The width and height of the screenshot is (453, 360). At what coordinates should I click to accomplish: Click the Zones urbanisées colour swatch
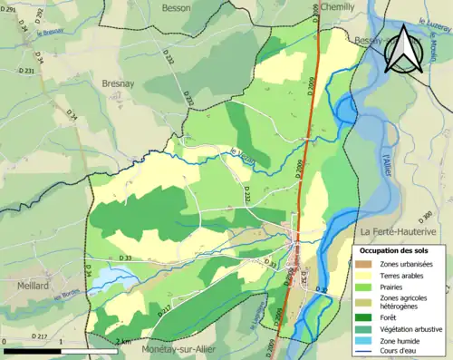363,263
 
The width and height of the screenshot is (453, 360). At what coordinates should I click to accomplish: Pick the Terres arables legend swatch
363,275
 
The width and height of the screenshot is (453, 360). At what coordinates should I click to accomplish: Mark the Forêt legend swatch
363,317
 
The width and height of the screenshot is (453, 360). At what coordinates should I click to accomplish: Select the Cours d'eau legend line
363,352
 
